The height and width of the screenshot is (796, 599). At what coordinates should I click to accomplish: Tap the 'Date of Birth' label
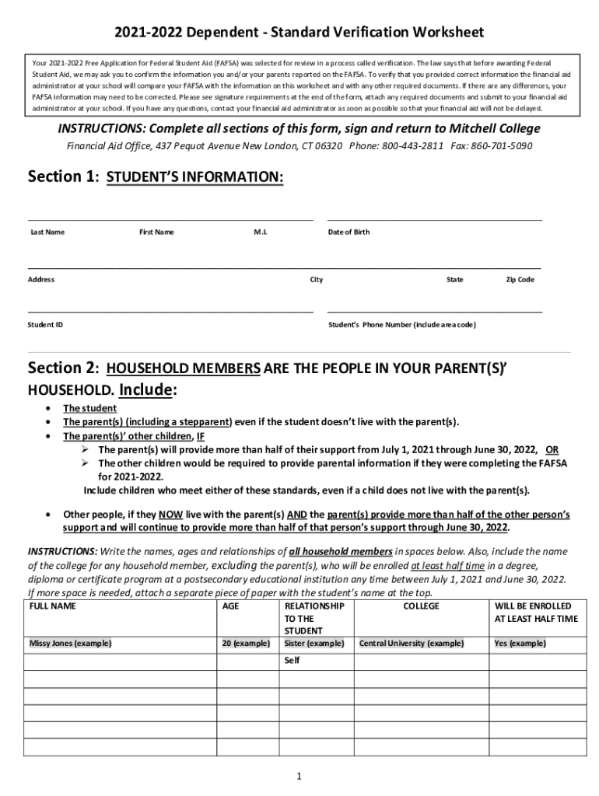pos(349,232)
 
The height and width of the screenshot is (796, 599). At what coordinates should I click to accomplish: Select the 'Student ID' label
pos(46,324)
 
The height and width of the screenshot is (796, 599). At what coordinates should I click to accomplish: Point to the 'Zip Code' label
pos(520,280)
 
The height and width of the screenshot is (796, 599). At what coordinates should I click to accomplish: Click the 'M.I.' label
pos(261,232)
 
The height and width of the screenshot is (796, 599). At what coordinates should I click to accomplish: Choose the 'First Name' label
pos(156,232)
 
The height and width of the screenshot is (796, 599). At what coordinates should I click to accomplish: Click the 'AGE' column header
pos(231,606)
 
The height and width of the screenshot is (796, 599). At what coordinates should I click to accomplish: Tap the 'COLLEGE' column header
pos(421,606)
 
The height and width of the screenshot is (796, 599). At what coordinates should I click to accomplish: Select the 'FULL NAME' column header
pos(53,606)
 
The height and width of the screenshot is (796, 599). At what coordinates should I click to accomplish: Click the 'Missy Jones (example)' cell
pos(71,644)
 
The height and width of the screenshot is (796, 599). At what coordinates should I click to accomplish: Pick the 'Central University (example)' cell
pos(411,644)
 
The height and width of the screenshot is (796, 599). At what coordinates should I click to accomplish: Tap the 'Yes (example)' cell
pos(520,644)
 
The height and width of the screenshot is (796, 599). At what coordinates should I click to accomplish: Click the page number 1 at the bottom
pos(299,776)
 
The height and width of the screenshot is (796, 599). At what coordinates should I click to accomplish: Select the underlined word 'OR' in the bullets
pos(552,449)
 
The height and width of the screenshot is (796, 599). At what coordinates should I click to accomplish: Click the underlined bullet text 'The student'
pos(89,408)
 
